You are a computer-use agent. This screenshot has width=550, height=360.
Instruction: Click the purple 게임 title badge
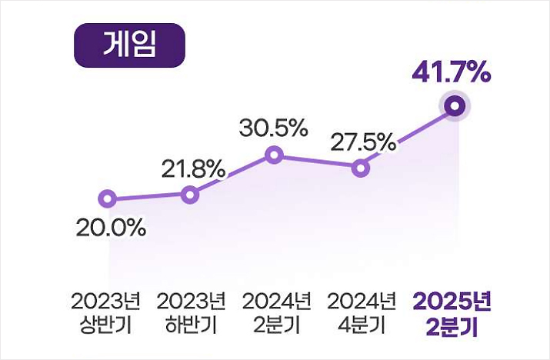point(129,45)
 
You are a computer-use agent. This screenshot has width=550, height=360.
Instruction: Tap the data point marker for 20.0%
point(108,200)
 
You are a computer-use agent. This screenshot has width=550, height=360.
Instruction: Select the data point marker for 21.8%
point(190,195)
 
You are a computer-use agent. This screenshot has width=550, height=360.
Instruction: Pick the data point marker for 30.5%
point(274,156)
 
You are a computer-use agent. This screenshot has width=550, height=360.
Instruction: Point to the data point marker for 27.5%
point(360,168)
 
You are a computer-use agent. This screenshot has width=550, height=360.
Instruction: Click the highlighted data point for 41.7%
point(455,106)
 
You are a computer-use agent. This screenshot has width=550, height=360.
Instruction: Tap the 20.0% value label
point(111,228)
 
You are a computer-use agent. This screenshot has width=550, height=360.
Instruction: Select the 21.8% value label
point(193,168)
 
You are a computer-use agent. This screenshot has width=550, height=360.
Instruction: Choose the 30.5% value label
point(273,128)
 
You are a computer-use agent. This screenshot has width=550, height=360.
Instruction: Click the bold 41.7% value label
point(452,74)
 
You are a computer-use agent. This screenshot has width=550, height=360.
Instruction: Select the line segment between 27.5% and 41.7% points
point(408,137)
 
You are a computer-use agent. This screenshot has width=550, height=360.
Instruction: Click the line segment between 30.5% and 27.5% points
point(317,162)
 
